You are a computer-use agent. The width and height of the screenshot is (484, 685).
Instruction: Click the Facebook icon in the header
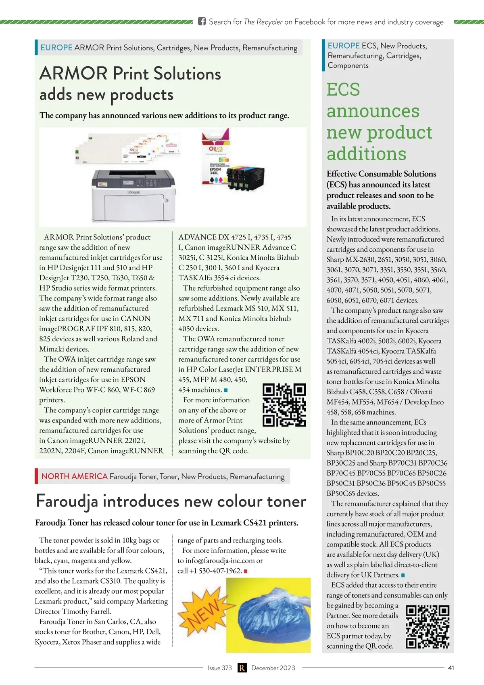point(202,21)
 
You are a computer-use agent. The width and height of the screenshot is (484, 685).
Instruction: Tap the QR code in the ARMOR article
point(284,405)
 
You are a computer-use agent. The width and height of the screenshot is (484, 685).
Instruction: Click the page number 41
point(451,668)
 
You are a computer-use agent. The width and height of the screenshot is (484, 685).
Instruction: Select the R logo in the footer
point(242,668)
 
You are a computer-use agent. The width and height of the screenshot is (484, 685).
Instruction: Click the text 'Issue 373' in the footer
point(219,668)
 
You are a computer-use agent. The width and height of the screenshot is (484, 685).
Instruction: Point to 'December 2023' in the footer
point(273,668)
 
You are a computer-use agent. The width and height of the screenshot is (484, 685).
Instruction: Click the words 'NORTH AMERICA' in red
point(74,476)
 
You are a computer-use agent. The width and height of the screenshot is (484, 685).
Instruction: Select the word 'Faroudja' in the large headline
point(67,501)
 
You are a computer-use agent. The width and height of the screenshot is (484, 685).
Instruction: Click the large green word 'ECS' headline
point(343,89)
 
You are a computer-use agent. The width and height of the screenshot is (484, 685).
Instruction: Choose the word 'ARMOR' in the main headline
point(73,74)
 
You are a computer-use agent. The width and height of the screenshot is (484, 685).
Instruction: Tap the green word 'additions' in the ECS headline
point(366,153)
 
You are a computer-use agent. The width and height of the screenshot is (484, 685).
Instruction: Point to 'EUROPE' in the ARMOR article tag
point(56,47)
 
